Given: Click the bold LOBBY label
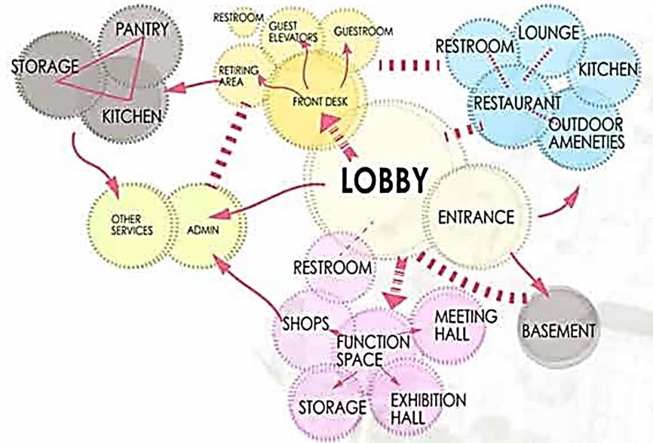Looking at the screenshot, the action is (384, 182).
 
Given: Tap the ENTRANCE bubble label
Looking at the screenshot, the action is (476, 217).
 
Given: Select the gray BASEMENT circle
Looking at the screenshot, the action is (559, 330).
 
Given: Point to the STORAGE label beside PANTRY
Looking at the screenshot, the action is (46, 66).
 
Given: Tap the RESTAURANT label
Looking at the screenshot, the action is (517, 100).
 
